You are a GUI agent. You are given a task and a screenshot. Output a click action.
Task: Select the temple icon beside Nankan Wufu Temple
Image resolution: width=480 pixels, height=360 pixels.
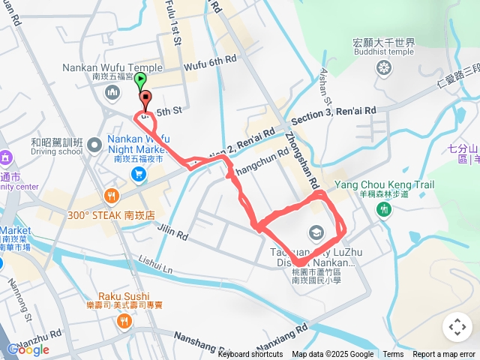point(112,93)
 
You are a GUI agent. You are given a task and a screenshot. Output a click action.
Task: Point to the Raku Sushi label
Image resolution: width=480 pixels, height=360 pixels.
point(123,296)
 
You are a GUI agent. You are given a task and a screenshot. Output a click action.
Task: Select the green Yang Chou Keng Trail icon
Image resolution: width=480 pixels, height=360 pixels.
point(384,208)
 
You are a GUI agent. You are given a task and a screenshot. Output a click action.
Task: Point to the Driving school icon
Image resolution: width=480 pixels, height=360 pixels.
point(94,143)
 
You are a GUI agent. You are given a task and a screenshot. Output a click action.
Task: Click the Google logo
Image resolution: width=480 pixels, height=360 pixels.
point(28,349)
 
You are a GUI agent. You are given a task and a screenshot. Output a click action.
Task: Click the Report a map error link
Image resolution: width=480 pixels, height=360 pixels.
point(445,355)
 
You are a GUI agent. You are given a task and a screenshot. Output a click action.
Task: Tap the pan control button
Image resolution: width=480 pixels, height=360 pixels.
point(457,327)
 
